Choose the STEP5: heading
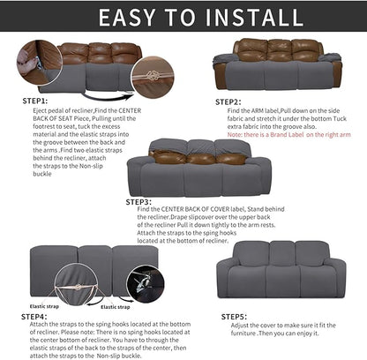(234, 315)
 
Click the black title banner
(183, 17)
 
